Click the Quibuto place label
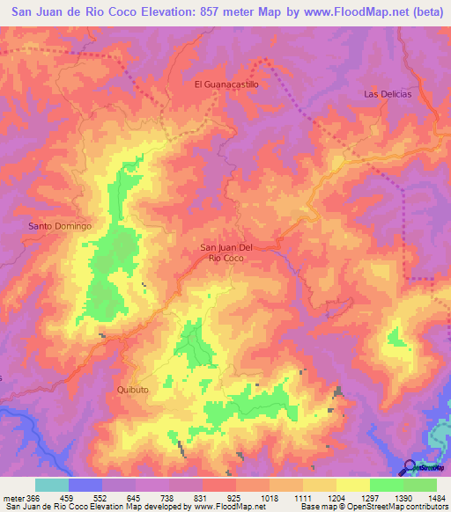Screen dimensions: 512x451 click(130, 389)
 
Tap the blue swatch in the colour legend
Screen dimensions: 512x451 click(85, 485)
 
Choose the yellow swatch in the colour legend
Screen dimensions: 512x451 click(353, 485)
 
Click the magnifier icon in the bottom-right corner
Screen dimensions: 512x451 click(410, 467)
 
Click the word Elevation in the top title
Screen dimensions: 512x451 click(145, 12)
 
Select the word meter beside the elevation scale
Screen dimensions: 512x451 click(12, 498)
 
